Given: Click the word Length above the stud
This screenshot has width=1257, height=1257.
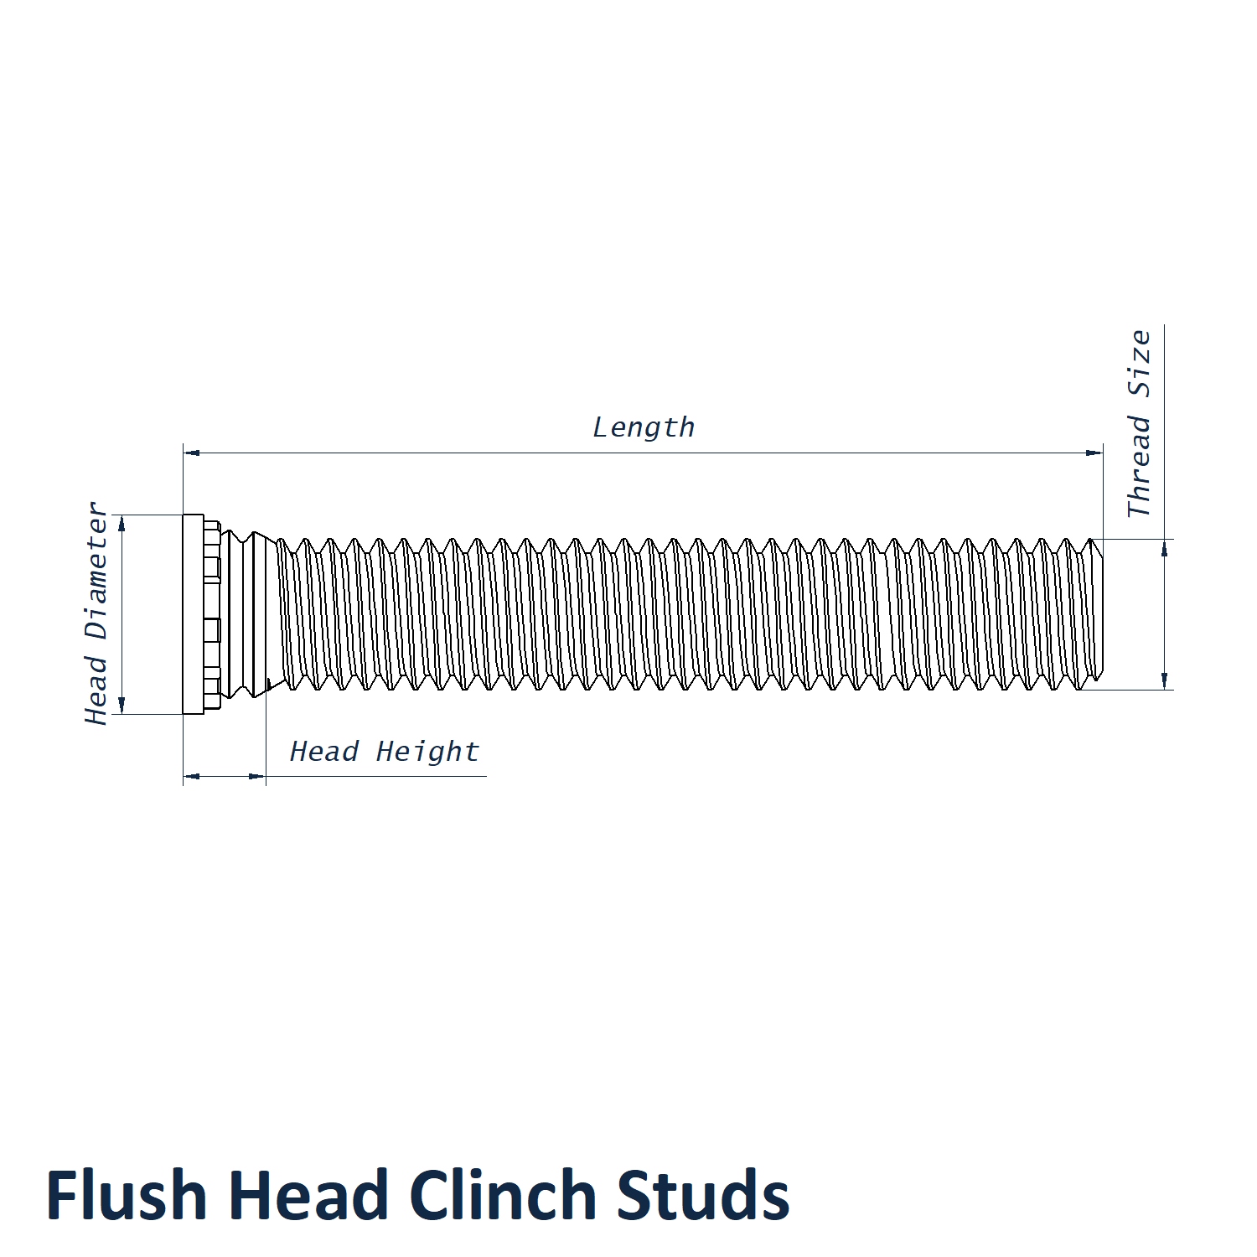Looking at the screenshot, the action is pyautogui.click(x=644, y=427).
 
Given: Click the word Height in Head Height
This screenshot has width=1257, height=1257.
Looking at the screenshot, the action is pyautogui.click(x=427, y=752).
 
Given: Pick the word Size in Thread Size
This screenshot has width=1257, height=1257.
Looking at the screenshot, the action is pyautogui.click(x=1139, y=364).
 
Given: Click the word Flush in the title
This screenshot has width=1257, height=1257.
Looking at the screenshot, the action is pyautogui.click(x=127, y=1195).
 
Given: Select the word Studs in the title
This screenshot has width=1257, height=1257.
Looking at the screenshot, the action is pyautogui.click(x=704, y=1195).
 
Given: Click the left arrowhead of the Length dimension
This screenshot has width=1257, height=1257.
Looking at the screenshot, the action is pyautogui.click(x=192, y=453).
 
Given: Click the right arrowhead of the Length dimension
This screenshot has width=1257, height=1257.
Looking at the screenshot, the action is pyautogui.click(x=1094, y=453).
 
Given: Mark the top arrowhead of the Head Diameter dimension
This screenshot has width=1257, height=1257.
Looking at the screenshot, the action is pyautogui.click(x=122, y=524).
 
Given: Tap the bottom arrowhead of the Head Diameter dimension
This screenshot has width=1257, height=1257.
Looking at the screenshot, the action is pyautogui.click(x=122, y=705).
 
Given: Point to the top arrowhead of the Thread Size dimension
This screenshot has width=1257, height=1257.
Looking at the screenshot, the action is pyautogui.click(x=1164, y=548).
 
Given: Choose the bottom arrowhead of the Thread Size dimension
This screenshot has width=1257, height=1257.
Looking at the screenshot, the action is pyautogui.click(x=1164, y=680).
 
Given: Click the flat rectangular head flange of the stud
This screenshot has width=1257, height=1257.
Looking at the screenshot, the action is pyautogui.click(x=194, y=614).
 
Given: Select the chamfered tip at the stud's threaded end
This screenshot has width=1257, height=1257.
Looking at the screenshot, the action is pyautogui.click(x=1097, y=614).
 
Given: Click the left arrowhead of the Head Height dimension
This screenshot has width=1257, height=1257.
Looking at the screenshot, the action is pyautogui.click(x=192, y=776).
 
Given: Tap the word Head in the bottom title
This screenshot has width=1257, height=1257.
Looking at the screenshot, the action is pyautogui.click(x=308, y=1195).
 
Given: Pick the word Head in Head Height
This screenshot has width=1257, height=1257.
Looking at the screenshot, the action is pyautogui.click(x=324, y=752).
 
